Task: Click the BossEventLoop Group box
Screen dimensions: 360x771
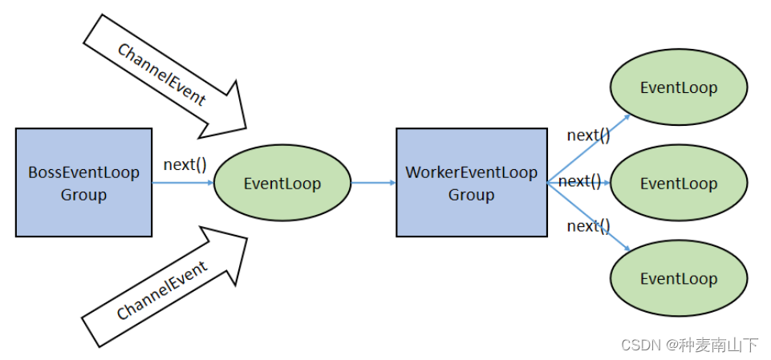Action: [x=83, y=183]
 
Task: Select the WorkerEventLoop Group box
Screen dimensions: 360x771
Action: [x=471, y=183]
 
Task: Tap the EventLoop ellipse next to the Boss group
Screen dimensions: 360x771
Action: [x=282, y=184]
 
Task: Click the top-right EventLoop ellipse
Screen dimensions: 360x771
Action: [x=678, y=88]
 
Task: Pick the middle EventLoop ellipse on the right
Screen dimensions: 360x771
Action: [x=678, y=184]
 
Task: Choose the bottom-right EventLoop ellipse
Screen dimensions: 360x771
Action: [x=678, y=278]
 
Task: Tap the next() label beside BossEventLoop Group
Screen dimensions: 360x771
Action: [x=185, y=165]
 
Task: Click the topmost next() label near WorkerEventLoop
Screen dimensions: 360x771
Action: [x=588, y=135]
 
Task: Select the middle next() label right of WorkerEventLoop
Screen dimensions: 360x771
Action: [x=579, y=181]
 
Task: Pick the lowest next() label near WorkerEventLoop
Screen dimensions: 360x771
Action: [x=588, y=226]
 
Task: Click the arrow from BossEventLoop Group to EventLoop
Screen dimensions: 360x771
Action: [x=183, y=183]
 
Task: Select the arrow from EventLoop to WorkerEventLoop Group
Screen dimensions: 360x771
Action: [x=373, y=183]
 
